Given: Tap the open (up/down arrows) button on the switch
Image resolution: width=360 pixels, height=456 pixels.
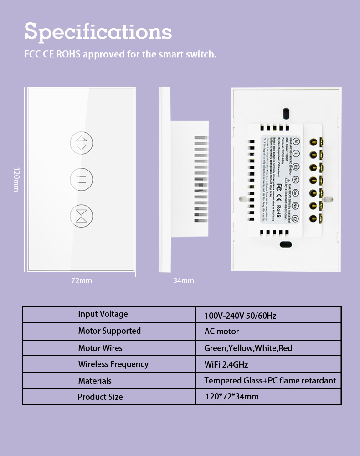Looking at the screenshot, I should pyautogui.click(x=81, y=143).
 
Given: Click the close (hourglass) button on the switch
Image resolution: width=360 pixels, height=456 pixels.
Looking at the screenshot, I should pyautogui.click(x=81, y=215).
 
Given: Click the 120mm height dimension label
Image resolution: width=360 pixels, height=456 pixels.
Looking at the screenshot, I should pyautogui.click(x=16, y=179).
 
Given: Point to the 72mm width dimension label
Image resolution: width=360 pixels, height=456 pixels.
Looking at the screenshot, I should pyautogui.click(x=81, y=280).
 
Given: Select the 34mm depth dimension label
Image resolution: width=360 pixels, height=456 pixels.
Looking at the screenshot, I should pyautogui.click(x=183, y=280).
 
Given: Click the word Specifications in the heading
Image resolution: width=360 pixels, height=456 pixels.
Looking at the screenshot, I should pyautogui.click(x=98, y=31).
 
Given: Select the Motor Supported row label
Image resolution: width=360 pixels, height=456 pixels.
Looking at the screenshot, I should pyautogui.click(x=109, y=331).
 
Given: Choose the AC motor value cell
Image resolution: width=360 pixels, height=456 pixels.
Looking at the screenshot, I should pyautogui.click(x=221, y=332).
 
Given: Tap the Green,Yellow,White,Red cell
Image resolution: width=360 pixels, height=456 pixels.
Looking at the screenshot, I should pyautogui.click(x=248, y=348).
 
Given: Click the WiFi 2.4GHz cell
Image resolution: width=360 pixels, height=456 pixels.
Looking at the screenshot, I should pyautogui.click(x=226, y=364).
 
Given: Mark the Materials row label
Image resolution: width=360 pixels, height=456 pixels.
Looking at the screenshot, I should pyautogui.click(x=95, y=381).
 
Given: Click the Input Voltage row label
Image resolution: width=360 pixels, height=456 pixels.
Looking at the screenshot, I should pyautogui.click(x=103, y=314).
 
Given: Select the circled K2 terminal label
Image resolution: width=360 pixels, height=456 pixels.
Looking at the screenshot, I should pyautogui.click(x=296, y=218).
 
